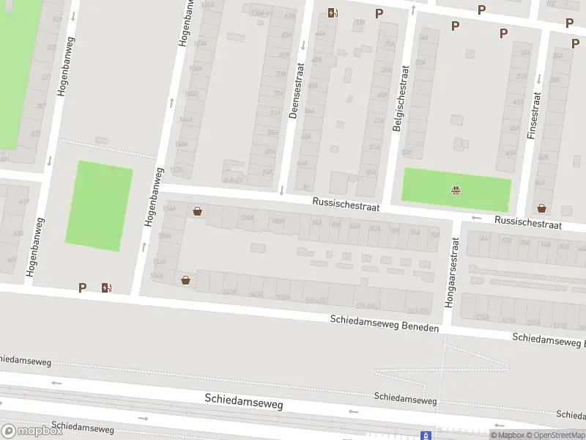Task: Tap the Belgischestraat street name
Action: pos(401,98)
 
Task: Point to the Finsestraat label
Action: pos(533,115)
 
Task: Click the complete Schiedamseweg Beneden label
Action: pos(385,323)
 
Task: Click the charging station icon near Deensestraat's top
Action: pos(333,12)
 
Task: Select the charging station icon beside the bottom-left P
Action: pos(107,288)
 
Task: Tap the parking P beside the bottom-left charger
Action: pos(83,288)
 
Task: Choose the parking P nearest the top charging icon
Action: pos(379,13)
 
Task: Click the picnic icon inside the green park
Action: pos(456,192)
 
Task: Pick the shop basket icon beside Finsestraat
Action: pos(541,208)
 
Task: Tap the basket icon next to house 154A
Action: pos(197,212)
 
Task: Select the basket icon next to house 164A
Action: pos(185,279)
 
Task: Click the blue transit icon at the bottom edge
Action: pos(426,435)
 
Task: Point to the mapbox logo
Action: pos(32,430)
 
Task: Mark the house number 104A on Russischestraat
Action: pos(248,218)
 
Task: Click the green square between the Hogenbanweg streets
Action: pos(99,205)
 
